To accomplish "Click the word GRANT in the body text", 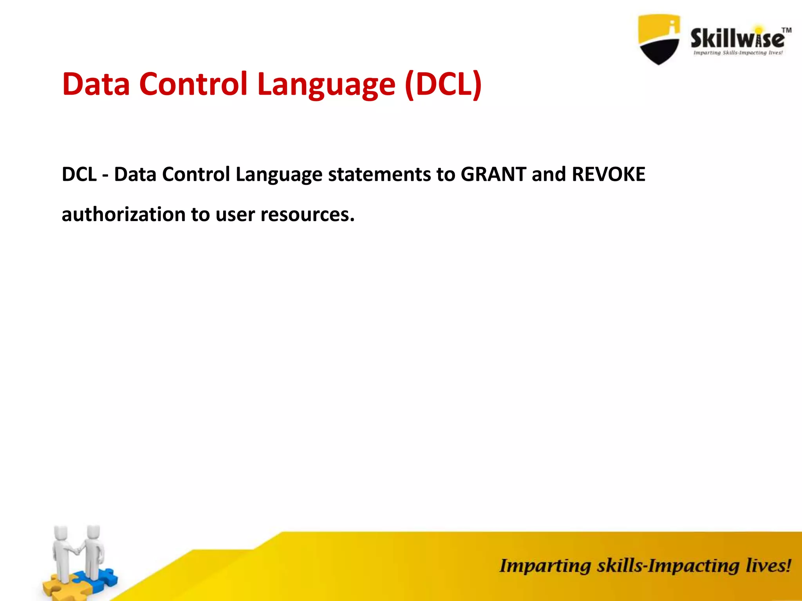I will tap(493, 174).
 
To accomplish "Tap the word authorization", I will tap(123, 214).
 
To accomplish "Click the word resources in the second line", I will tap(307, 214).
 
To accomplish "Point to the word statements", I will tap(379, 174).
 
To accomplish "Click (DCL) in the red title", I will tap(443, 84).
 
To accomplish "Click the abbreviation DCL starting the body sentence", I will tap(79, 174).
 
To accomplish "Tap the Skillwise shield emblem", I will tap(659, 39).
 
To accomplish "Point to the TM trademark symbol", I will tap(786, 30).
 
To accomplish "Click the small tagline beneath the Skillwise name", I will tap(738, 53).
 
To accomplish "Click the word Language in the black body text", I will tap(278, 175).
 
